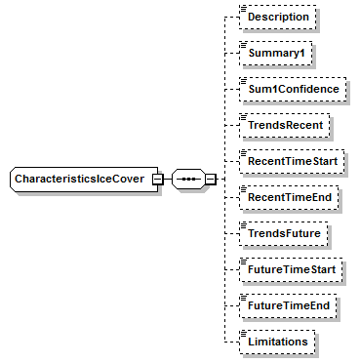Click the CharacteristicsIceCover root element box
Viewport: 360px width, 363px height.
(78, 180)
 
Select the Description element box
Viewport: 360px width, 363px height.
(278, 18)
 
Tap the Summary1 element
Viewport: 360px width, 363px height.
(276, 54)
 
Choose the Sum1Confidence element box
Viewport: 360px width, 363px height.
(293, 90)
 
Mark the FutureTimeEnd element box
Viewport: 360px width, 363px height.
(289, 306)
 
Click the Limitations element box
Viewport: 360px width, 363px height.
(278, 343)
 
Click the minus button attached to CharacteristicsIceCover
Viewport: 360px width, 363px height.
(156, 181)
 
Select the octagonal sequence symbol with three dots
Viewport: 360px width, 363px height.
(187, 181)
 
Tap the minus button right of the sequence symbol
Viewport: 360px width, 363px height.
(210, 181)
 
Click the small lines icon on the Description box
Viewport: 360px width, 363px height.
(243, 8)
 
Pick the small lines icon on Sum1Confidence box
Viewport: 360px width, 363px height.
(243, 80)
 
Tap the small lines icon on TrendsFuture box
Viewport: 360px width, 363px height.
(243, 224)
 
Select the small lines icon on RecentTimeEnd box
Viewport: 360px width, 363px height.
(243, 188)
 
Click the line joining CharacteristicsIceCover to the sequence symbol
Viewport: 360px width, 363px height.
(166, 181)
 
